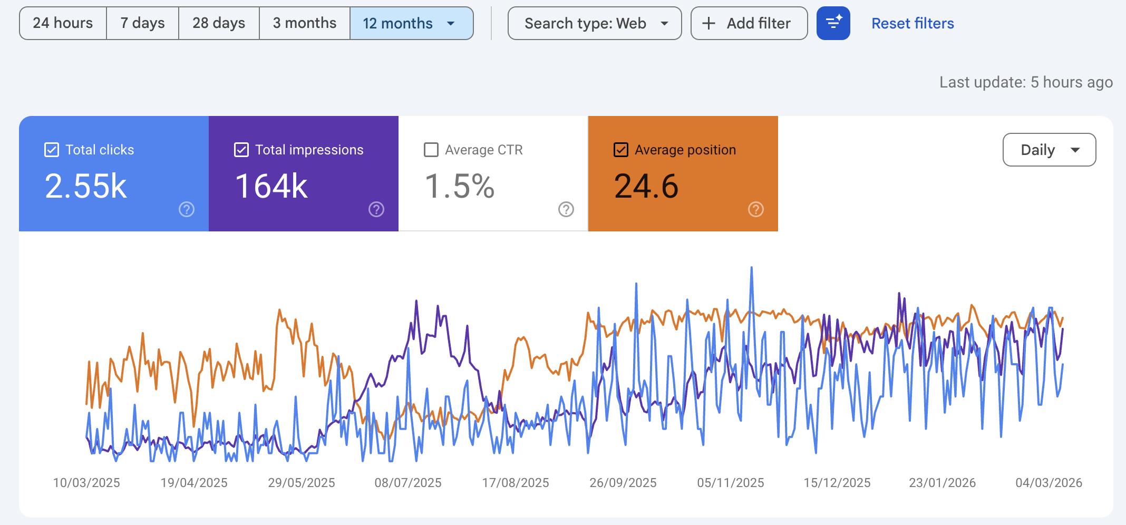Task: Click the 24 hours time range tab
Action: [x=63, y=23]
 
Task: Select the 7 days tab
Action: [x=142, y=23]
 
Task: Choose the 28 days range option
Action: [x=219, y=23]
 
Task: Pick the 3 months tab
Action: [x=305, y=23]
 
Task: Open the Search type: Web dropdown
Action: [x=595, y=23]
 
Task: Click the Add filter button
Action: [x=749, y=23]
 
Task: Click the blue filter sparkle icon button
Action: [x=833, y=23]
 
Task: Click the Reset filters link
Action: [x=913, y=23]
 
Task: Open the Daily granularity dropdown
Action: [x=1049, y=150]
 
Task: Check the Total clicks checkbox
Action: [x=52, y=150]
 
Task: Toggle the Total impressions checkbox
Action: [x=241, y=150]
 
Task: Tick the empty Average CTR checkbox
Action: [x=431, y=150]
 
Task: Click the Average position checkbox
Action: [x=621, y=150]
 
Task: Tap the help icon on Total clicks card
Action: [x=187, y=209]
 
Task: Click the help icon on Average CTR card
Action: [x=566, y=209]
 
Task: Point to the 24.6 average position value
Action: [x=646, y=186]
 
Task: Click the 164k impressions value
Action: [x=271, y=186]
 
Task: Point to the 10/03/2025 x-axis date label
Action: [x=86, y=483]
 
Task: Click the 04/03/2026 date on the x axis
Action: [x=1049, y=483]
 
